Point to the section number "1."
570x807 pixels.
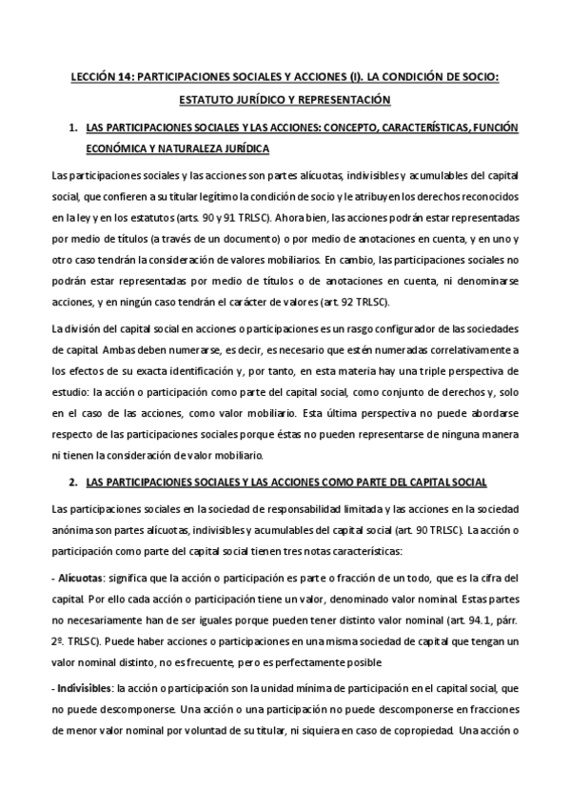(x=72, y=126)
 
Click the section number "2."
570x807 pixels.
(x=72, y=482)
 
